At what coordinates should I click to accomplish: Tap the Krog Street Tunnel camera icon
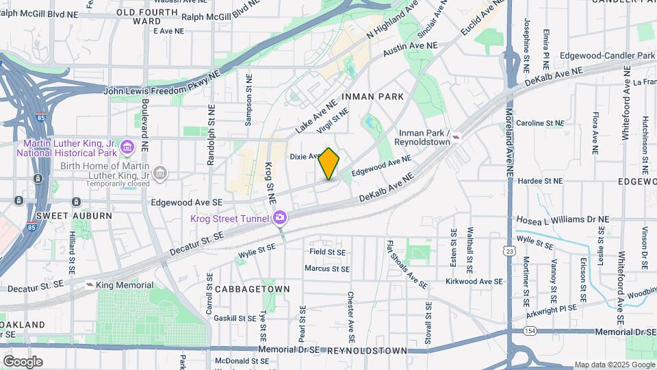(x=279, y=219)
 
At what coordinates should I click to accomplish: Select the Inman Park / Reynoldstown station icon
(x=456, y=140)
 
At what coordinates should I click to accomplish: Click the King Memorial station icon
(x=90, y=284)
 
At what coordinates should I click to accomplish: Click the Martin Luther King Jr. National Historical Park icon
(x=126, y=147)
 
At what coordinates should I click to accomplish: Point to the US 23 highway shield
(x=510, y=251)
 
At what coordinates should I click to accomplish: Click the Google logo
(x=23, y=361)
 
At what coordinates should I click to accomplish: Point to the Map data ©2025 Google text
(x=614, y=365)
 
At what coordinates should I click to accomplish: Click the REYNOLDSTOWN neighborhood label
(x=367, y=351)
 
